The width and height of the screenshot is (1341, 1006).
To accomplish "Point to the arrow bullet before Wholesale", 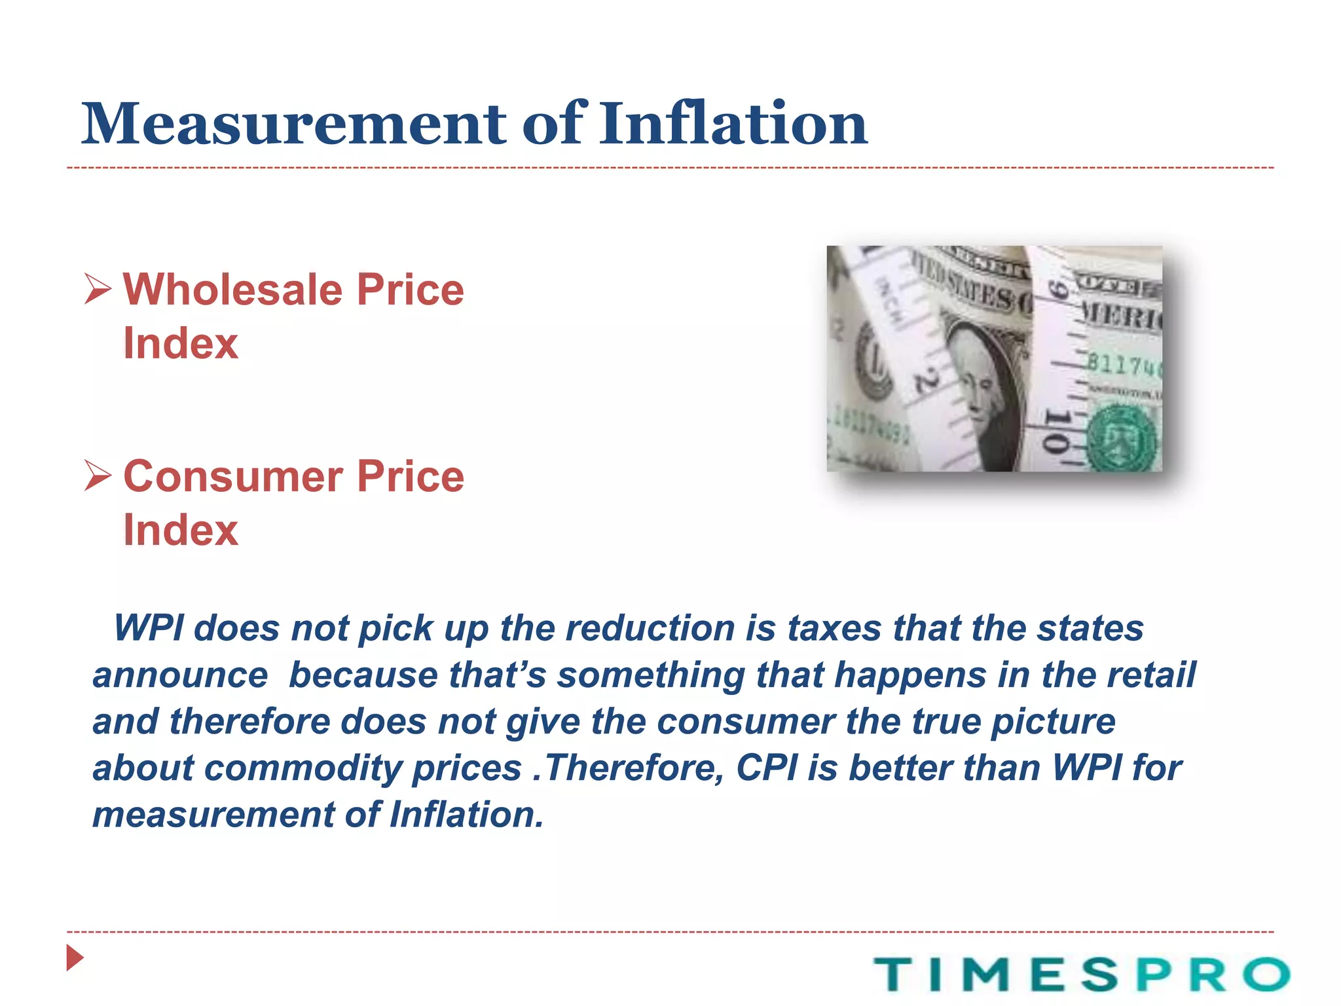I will point(98,289).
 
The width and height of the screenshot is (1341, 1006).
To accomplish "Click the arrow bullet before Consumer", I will point(98,476).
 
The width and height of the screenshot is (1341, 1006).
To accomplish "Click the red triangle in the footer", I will point(75,958).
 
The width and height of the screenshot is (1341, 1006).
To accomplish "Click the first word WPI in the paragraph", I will point(149,628).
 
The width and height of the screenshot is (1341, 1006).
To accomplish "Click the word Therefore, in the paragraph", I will point(634,768).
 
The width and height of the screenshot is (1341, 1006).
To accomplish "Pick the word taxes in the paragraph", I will point(834,628).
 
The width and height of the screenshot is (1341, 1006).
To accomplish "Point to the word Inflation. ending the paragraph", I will point(466,814).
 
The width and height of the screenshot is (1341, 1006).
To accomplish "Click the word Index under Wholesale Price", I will point(181,343).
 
